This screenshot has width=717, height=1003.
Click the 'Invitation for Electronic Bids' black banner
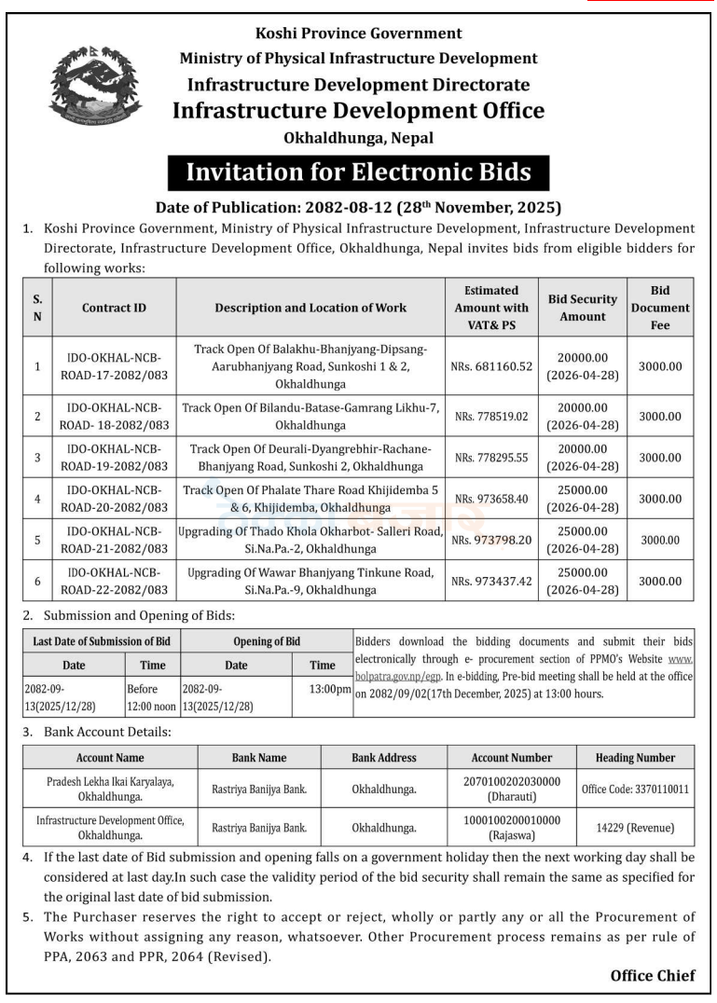point(358,172)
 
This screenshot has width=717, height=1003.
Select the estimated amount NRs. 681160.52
point(492,366)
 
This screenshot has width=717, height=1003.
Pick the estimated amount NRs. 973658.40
point(490,499)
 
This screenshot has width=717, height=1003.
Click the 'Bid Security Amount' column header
point(583,308)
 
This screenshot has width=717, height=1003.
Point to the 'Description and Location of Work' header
point(310,308)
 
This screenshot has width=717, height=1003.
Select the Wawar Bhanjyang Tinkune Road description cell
point(310,581)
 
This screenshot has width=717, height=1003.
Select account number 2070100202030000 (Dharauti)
point(510,789)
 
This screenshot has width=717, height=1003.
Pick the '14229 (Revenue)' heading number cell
point(635,827)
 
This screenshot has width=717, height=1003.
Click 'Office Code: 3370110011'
point(635,789)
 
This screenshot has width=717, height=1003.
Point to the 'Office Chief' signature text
point(652,976)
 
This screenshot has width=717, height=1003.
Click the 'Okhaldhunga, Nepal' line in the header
point(358,138)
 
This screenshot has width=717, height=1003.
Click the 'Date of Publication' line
point(358,206)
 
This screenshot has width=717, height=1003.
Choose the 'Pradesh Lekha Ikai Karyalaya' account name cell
point(111,789)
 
